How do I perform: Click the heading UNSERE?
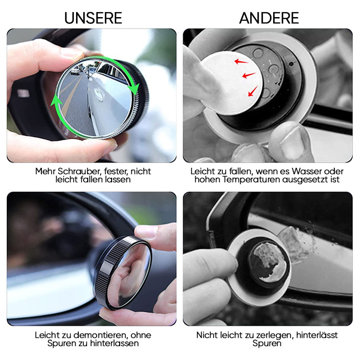click(93, 18)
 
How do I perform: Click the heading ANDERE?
click(269, 18)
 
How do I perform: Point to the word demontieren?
click(101, 335)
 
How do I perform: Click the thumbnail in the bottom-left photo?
click(146, 231)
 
